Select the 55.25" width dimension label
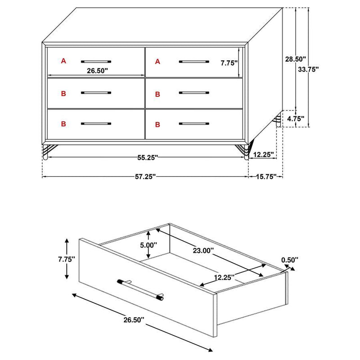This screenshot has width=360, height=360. click(147, 157)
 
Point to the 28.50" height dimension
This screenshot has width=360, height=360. click(295, 59)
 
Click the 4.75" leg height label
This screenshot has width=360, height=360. click(295, 119)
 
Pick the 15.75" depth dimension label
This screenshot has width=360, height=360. click(266, 177)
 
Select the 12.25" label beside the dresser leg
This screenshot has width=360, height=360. click(263, 154)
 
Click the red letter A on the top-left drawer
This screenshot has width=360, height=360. click(63, 60)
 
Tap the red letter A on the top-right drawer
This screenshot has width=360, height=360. click(157, 61)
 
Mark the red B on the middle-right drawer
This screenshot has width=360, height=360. click(157, 94)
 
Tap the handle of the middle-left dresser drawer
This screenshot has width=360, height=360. click(96, 93)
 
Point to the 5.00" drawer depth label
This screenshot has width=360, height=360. click(148, 245)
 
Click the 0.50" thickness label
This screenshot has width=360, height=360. click(290, 260)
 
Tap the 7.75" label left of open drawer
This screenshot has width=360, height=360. click(67, 259)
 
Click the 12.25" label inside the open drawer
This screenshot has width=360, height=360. click(224, 278)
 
